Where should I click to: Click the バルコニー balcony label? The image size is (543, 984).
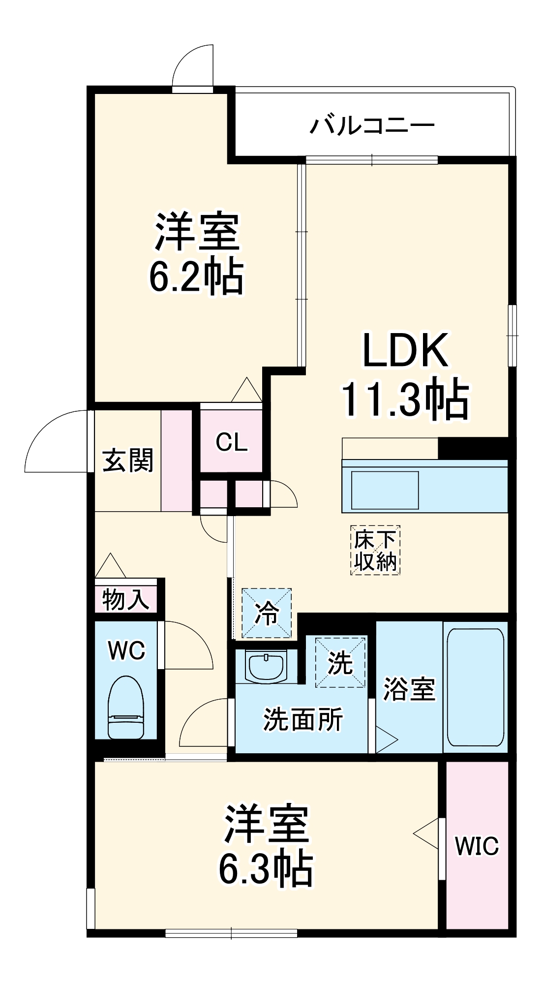point(372,126)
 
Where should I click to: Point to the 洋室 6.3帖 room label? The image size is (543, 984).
point(266,845)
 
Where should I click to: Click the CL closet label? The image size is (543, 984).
point(232,443)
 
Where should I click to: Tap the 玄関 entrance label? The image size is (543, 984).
point(128,461)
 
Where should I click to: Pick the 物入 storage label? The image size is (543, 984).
point(125,599)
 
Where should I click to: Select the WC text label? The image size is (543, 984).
point(126,651)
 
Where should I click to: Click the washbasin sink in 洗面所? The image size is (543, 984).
point(266,667)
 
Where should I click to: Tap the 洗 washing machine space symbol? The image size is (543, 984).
point(340,662)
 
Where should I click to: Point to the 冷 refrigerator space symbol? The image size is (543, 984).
point(267,613)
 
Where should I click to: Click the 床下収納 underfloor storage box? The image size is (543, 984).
point(375,550)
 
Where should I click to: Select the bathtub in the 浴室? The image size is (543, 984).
point(475,687)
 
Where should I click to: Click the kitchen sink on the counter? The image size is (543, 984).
point(384,490)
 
